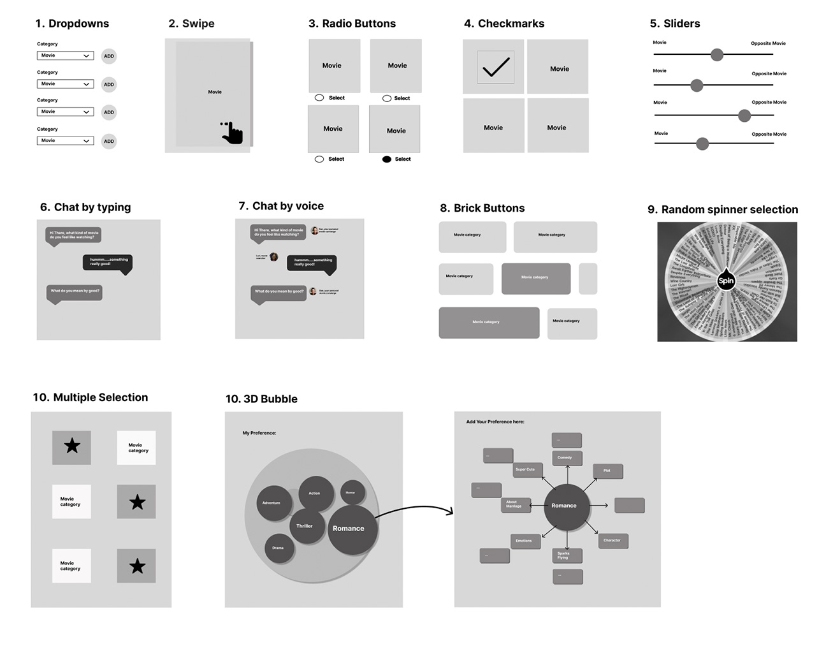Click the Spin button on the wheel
click(726, 281)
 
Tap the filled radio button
click(386, 159)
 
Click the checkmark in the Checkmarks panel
click(495, 67)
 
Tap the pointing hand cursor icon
click(233, 133)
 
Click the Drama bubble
click(279, 548)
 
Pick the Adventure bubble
click(272, 503)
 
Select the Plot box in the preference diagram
click(607, 471)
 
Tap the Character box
click(612, 540)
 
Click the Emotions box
click(525, 541)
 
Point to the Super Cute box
click(526, 469)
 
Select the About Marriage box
click(515, 504)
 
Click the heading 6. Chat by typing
click(85, 207)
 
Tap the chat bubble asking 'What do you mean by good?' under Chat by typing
click(75, 291)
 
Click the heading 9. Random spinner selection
click(723, 210)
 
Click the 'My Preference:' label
click(259, 433)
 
